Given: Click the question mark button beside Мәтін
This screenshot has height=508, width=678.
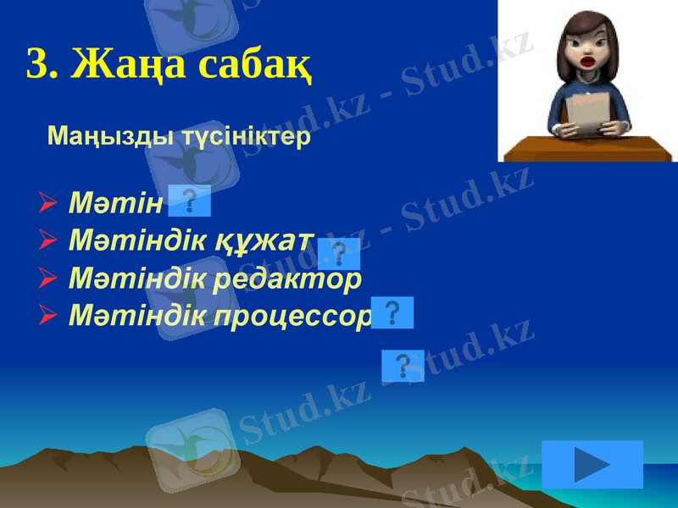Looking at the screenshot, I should point(190,202).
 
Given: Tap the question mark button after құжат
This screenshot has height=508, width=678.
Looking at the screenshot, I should point(340,253).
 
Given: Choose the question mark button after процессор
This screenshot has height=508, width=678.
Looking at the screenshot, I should point(392,312).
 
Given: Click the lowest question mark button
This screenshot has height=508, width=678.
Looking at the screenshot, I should point(403,366).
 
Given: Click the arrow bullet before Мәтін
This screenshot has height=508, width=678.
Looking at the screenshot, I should point(48,203).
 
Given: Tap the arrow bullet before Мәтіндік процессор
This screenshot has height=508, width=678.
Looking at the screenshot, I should point(48,316).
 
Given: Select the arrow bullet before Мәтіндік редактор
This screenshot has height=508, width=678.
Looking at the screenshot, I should point(48,279).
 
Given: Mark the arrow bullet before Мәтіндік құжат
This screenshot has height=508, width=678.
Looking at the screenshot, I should point(48,241).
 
